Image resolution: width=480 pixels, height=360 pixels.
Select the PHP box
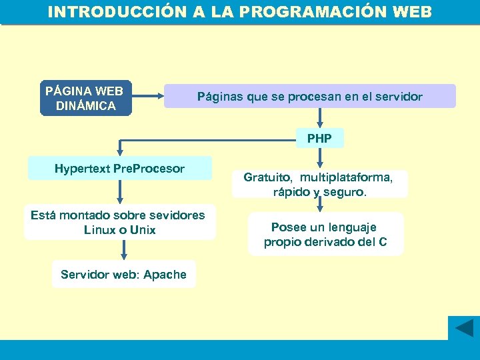pyautogui.click(x=320, y=139)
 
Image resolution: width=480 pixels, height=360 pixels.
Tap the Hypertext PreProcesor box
pyautogui.click(x=119, y=169)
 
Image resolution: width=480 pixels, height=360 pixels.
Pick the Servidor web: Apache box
pyautogui.click(x=123, y=275)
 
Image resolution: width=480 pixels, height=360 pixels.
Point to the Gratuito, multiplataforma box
pyautogui.click(x=319, y=184)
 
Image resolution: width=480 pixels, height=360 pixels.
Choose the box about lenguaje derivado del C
pyautogui.click(x=325, y=235)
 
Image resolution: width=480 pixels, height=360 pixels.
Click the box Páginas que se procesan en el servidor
pyautogui.click(x=309, y=97)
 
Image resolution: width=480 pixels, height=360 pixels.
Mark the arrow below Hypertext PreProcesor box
pyautogui.click(x=120, y=192)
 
